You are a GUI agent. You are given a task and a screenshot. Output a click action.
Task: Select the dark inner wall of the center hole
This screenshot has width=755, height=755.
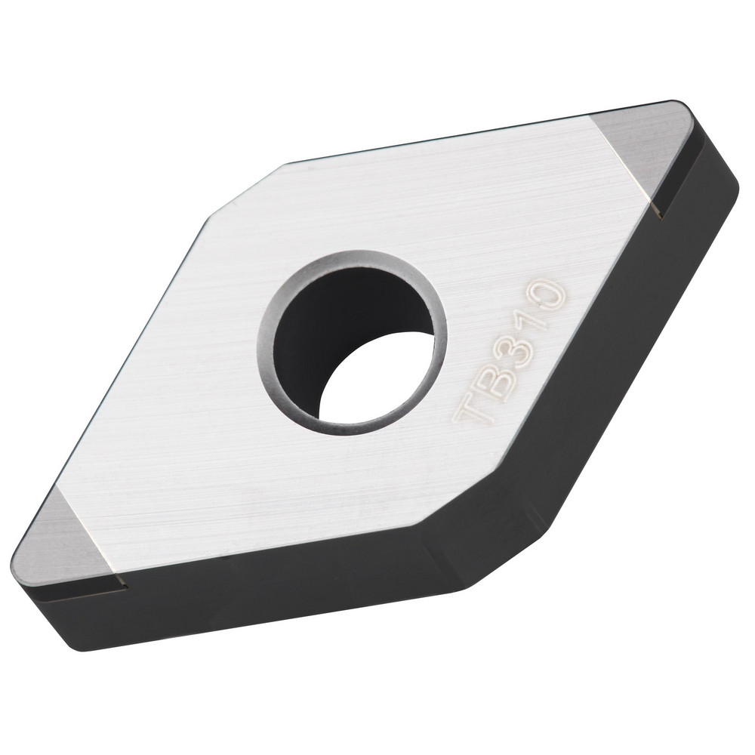click(332, 325)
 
